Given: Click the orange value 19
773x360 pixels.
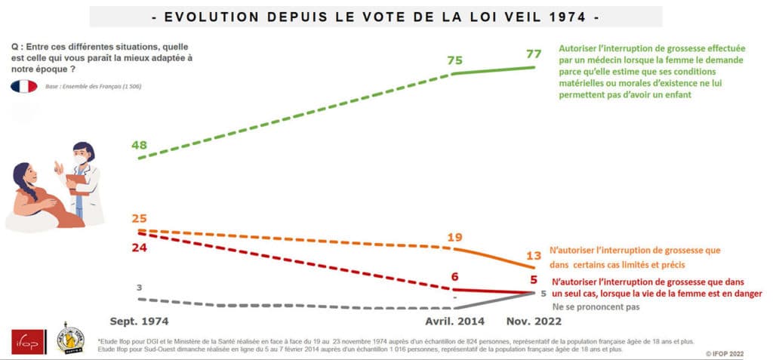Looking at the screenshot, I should click(x=454, y=237).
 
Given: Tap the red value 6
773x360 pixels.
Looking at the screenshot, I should click(x=454, y=277).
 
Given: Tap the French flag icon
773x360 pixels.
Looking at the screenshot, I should click(x=24, y=86).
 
